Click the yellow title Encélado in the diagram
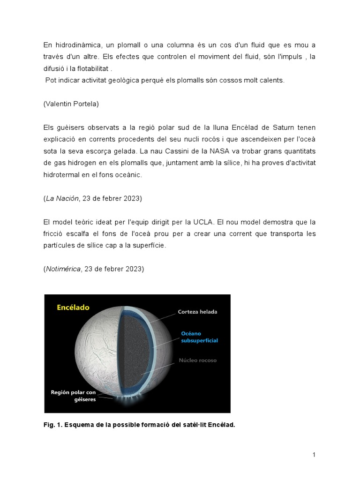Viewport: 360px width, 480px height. pos(73,308)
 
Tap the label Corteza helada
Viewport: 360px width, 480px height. pos(197,312)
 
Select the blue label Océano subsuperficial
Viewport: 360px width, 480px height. pos(199,337)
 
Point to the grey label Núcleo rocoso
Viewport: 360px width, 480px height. pos(198,360)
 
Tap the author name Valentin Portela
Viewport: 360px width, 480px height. pos(71,104)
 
